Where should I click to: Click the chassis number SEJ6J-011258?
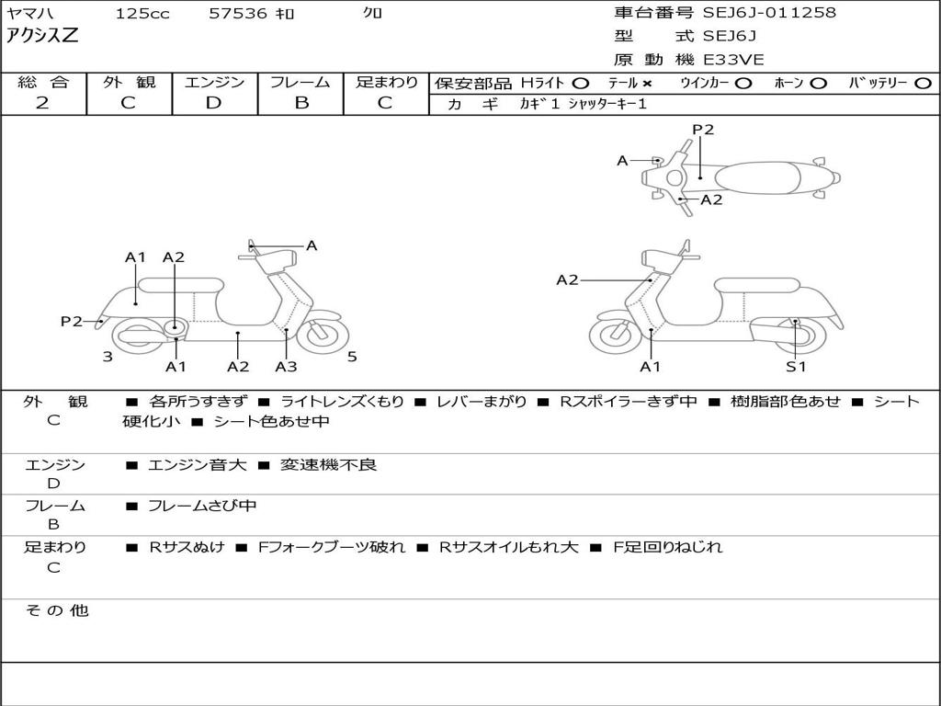769,12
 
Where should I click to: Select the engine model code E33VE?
733,60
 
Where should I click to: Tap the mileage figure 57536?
237,13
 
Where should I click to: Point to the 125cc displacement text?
142,13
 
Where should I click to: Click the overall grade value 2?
42,103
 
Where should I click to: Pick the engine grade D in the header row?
213,103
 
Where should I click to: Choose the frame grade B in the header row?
301,103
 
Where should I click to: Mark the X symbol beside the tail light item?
646,84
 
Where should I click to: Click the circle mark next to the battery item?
923,84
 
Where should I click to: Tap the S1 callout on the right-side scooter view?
796,366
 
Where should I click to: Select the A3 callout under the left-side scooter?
286,366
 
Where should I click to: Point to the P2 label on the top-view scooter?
703,130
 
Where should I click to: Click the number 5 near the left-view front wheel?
352,357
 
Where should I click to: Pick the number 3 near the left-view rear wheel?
108,357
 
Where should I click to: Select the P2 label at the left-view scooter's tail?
72,321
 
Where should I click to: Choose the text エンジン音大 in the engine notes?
197,464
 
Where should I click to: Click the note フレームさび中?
202,507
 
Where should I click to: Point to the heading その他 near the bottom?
57,610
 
